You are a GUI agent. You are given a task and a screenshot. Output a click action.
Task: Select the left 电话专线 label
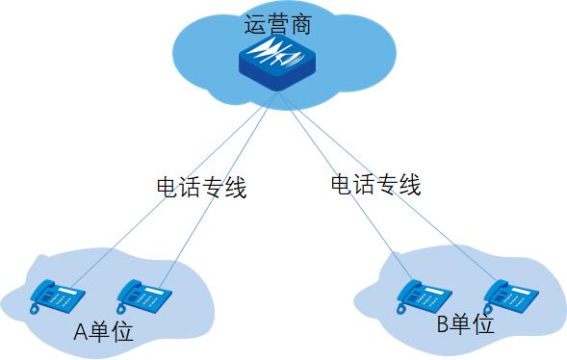201,187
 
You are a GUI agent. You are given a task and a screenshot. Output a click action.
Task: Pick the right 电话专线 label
375,184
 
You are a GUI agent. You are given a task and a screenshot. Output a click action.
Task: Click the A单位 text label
103,332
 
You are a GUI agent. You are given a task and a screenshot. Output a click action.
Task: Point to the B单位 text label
465,324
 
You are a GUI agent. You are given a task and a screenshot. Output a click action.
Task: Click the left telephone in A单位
56,296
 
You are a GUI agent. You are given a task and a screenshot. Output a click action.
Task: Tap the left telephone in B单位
425,296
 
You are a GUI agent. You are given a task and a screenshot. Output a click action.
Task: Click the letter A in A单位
82,333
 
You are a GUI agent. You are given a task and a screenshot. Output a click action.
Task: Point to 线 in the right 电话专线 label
409,184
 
